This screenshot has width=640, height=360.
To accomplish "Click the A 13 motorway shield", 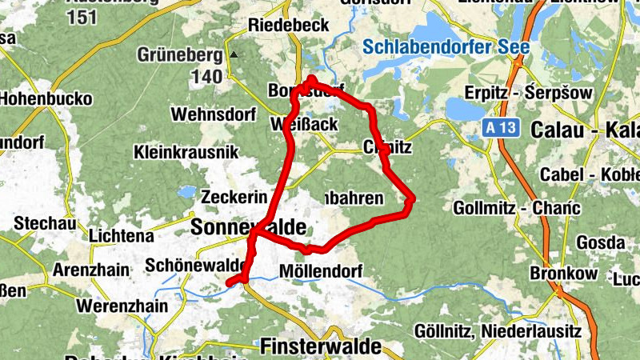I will (498, 128).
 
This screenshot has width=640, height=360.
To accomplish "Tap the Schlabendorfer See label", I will (446, 47).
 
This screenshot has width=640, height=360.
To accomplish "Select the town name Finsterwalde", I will (321, 346).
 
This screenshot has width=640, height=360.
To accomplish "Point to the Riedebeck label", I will (289, 26).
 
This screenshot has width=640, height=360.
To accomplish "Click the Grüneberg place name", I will (178, 55).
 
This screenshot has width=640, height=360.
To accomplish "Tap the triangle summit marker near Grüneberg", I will (234, 55).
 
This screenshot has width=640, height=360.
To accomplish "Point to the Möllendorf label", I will (322, 271).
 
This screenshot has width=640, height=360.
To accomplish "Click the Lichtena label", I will (122, 236).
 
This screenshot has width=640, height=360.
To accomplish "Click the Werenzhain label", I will (122, 306).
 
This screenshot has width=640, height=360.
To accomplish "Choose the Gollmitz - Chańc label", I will (516, 208).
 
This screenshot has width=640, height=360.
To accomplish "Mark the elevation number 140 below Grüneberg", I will (206, 77).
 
